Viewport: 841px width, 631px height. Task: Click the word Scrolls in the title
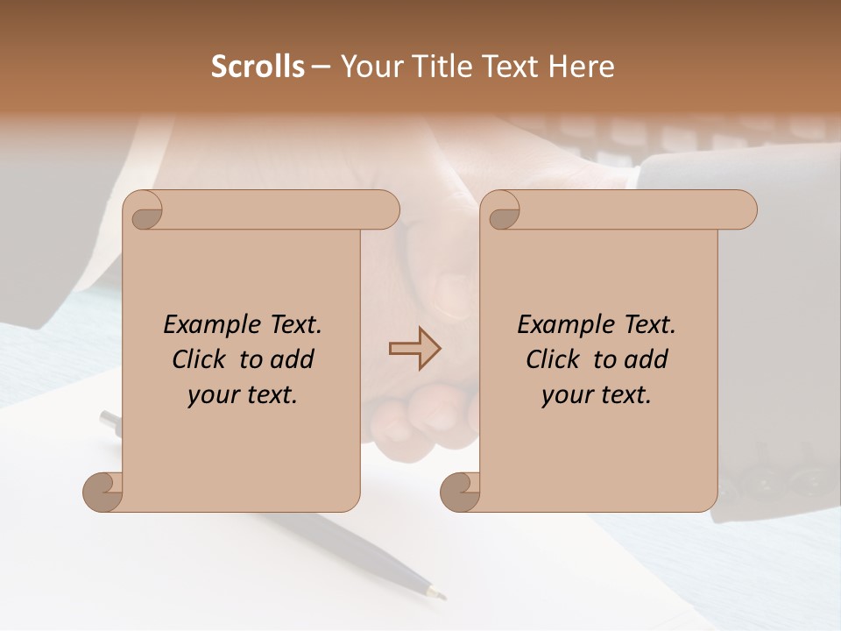(x=258, y=67)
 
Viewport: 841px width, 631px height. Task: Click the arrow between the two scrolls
(x=414, y=349)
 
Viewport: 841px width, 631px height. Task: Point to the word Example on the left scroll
(x=205, y=324)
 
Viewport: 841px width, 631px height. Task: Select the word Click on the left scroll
(x=200, y=359)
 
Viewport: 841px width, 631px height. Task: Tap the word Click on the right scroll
(x=554, y=359)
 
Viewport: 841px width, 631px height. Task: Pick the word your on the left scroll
(x=211, y=394)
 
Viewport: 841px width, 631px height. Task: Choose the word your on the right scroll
(x=565, y=394)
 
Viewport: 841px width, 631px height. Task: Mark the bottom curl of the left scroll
(x=102, y=493)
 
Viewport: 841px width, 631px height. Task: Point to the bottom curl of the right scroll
(x=459, y=493)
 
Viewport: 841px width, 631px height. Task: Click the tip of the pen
(x=441, y=596)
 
